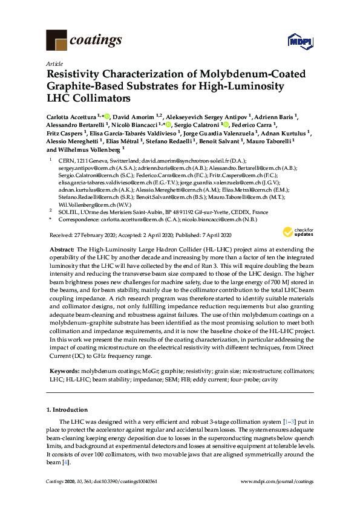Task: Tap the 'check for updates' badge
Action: point(300,233)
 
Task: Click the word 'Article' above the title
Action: point(54,63)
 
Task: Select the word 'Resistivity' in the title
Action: point(77,75)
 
